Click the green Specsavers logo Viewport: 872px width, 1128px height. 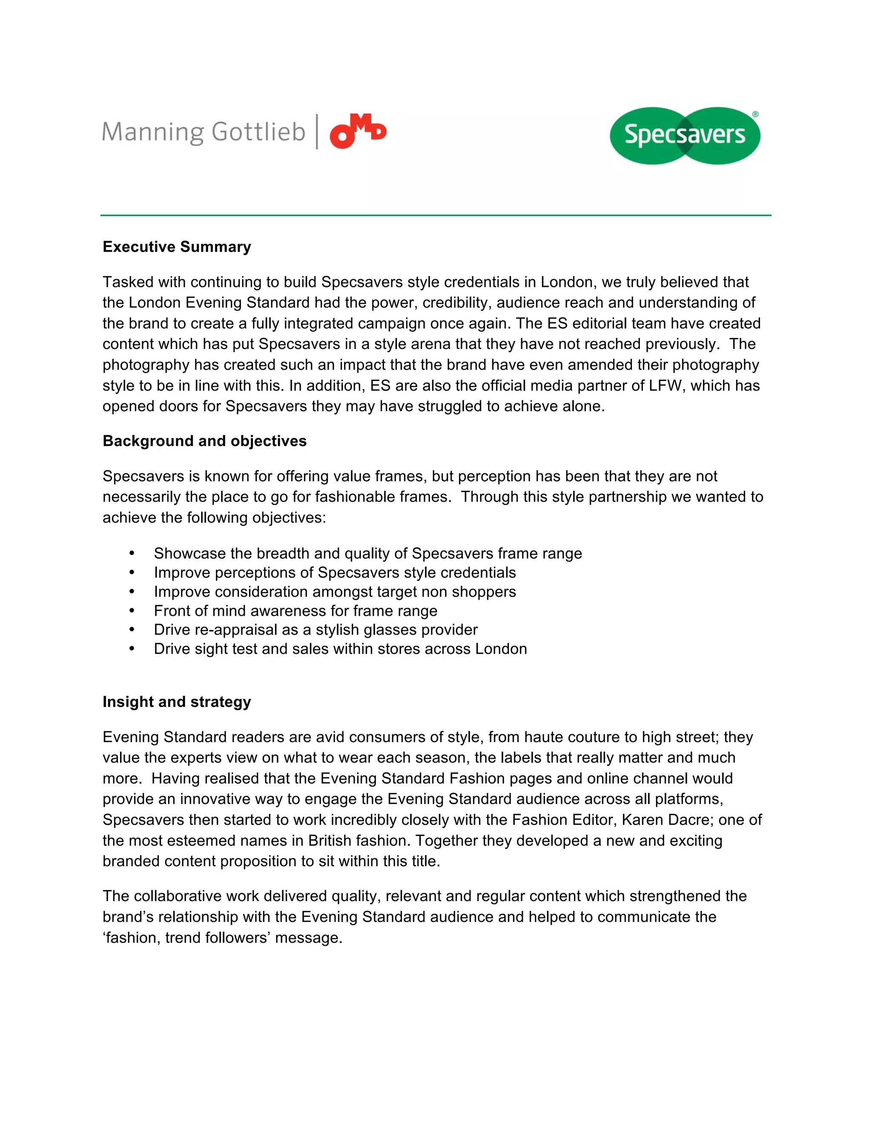(x=685, y=135)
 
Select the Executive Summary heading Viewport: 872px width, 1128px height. (x=177, y=247)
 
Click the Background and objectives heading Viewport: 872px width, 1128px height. (x=204, y=441)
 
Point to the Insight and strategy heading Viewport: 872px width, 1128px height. (x=177, y=702)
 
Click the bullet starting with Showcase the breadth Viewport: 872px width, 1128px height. (x=367, y=553)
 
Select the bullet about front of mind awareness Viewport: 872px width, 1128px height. (x=295, y=610)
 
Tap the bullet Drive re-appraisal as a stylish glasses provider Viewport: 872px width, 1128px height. (x=316, y=630)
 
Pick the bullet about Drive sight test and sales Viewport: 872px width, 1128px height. (x=341, y=649)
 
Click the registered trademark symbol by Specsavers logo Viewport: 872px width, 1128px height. (x=755, y=114)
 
